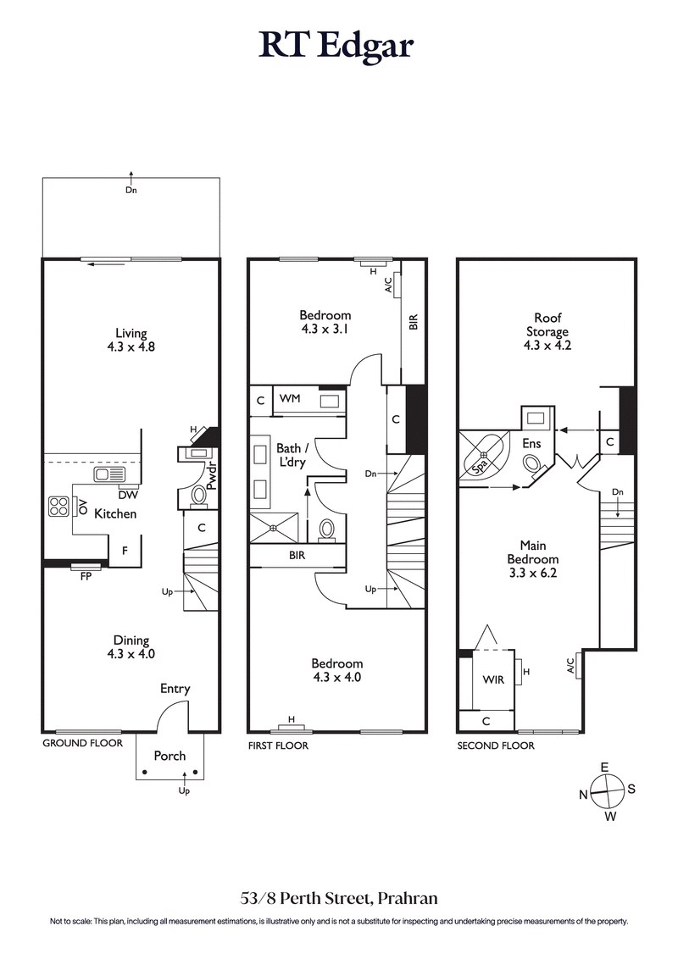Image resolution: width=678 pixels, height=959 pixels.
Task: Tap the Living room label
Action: [x=131, y=333]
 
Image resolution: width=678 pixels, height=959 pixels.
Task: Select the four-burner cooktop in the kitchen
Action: [x=60, y=507]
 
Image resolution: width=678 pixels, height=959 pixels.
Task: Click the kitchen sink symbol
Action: [x=109, y=474]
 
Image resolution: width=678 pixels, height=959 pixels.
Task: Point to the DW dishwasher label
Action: [x=129, y=495]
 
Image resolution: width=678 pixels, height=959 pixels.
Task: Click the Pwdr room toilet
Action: [x=198, y=495]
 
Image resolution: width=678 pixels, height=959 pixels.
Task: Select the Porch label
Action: [x=169, y=756]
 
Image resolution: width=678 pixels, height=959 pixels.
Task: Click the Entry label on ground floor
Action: [x=175, y=689]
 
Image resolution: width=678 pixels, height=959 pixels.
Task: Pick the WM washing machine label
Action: [x=290, y=398]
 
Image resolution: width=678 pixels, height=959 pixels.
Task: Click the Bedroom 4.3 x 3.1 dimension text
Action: [x=325, y=329]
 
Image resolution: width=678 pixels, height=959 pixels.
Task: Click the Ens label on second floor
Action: [x=531, y=443]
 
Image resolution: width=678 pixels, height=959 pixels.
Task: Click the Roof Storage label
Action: [x=547, y=326]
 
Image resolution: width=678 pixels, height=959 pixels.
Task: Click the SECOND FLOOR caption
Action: [x=496, y=746]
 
